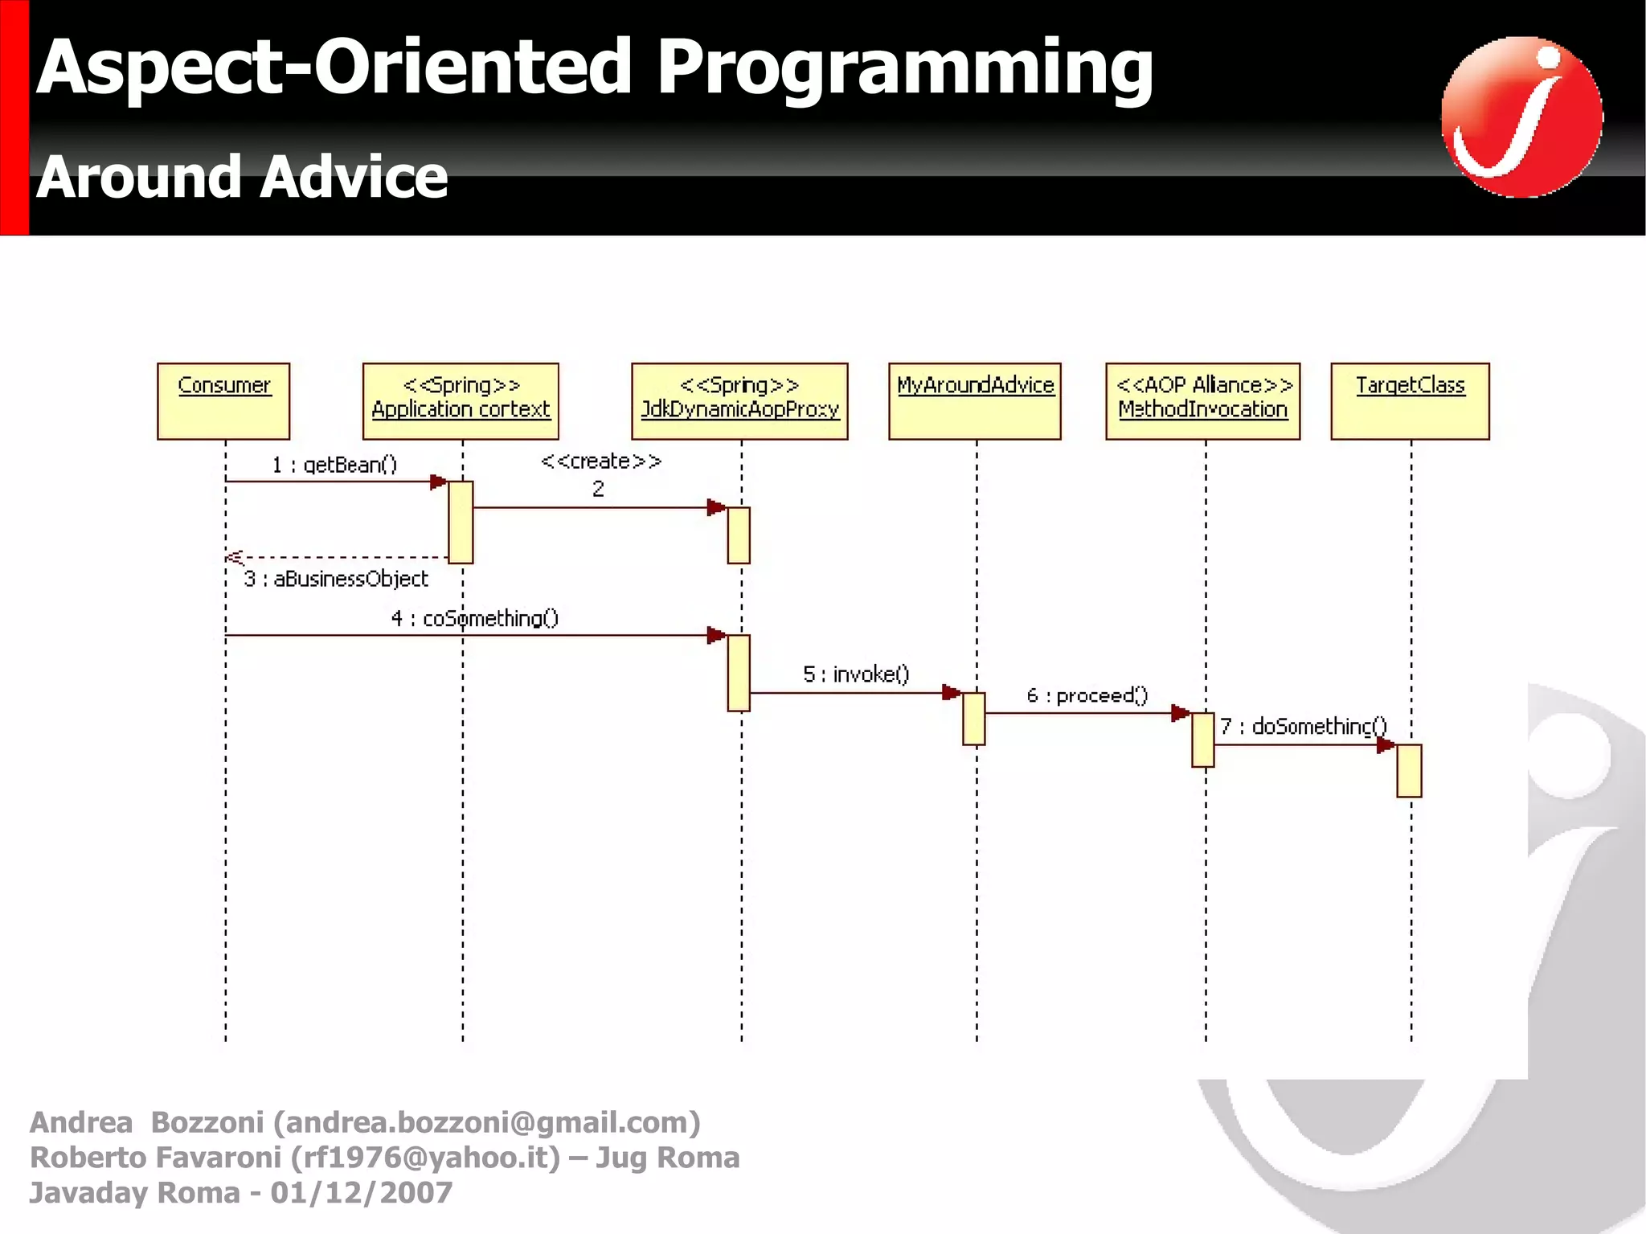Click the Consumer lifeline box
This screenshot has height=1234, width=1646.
coord(223,401)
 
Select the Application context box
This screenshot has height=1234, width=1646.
coord(461,401)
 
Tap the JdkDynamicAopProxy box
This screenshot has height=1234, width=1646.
coord(739,401)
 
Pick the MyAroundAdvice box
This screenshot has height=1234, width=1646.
coord(975,401)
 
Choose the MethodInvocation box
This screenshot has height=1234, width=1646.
coord(1203,401)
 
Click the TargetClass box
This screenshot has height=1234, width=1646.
coord(1411,401)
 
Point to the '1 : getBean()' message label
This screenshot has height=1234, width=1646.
coord(334,465)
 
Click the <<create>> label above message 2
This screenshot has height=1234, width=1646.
coord(600,461)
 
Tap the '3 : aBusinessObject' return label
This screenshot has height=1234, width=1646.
coord(336,579)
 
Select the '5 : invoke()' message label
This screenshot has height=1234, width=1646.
coord(856,674)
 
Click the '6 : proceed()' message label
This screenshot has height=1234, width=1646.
coord(1087,695)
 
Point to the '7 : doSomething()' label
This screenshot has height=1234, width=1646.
coord(1304,726)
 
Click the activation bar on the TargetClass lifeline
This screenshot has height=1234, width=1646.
coord(1409,770)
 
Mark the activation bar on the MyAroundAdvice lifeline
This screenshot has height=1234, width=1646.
coord(973,719)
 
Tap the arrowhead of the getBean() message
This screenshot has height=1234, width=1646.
coord(439,482)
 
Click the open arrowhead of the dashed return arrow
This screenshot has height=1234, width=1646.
coord(233,557)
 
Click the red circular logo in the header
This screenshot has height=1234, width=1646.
coord(1521,117)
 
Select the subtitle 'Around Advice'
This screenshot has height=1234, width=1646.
coord(242,177)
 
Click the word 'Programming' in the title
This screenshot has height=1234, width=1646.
coord(904,68)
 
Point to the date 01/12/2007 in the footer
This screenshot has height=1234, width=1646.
coord(362,1192)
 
